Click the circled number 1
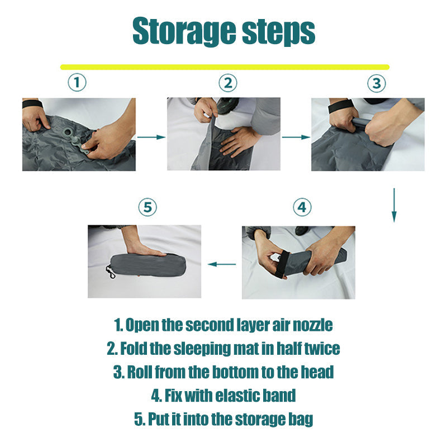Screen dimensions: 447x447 tap(77, 82)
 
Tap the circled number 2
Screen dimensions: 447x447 tap(228, 83)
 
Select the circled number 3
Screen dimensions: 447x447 tap(377, 83)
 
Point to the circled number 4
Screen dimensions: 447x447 tap(302, 207)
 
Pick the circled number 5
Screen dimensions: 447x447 tap(148, 207)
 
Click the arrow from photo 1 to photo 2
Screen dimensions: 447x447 tap(151, 137)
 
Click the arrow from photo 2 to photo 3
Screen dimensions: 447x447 tap(296, 137)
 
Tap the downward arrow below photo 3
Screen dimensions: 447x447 tap(394, 205)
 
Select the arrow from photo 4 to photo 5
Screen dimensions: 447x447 tap(222, 264)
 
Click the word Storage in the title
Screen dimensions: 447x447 tap(184, 31)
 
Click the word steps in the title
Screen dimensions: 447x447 tap(278, 32)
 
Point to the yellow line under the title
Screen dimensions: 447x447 tap(225, 67)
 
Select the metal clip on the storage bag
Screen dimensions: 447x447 tap(110, 272)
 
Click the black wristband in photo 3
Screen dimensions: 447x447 tap(339, 107)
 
